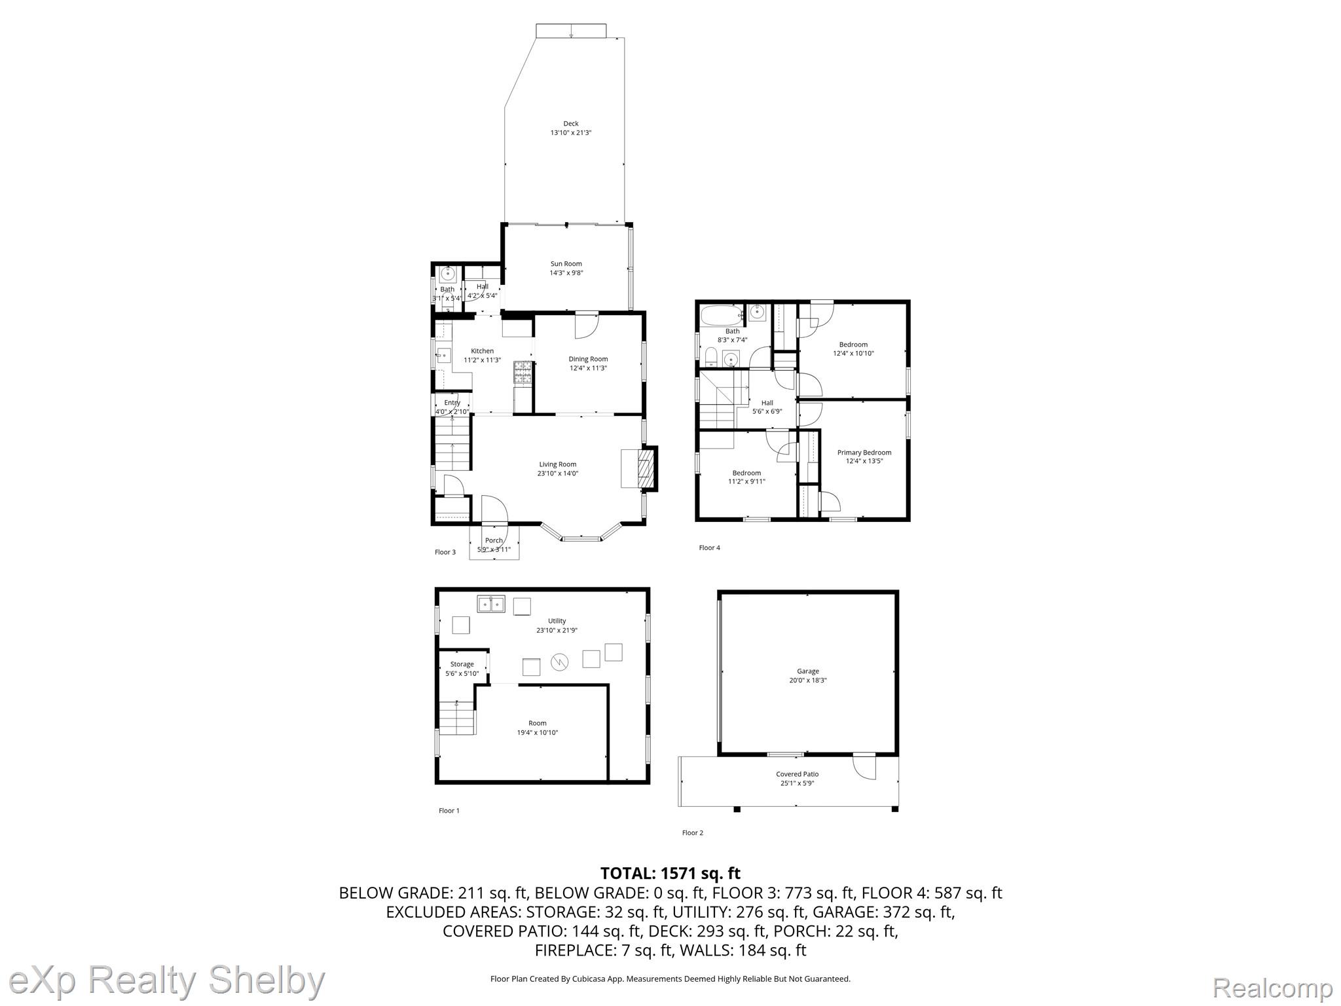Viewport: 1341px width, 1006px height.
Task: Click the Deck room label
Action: (571, 124)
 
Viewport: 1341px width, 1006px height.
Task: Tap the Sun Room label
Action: (566, 264)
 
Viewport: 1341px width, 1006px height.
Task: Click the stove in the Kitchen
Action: (523, 372)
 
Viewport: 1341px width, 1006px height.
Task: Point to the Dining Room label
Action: (588, 359)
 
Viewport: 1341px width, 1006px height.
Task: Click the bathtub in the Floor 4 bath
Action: (723, 316)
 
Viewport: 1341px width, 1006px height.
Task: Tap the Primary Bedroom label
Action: (864, 453)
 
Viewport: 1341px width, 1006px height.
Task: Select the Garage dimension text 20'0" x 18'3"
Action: (808, 680)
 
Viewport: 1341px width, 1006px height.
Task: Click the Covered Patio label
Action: (798, 774)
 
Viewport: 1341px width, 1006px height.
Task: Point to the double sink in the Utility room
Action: (491, 604)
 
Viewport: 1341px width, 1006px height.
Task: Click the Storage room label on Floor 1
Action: (462, 664)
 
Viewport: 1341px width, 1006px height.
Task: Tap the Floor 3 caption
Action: (445, 552)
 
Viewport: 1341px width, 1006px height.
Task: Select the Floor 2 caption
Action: (693, 833)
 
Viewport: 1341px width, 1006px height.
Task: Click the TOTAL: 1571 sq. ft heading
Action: (670, 873)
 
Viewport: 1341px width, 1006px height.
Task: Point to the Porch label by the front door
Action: (494, 540)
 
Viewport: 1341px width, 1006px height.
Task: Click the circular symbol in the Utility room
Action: (560, 662)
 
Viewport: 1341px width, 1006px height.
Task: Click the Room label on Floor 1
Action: (538, 723)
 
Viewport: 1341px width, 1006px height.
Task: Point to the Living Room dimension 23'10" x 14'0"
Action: (558, 474)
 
